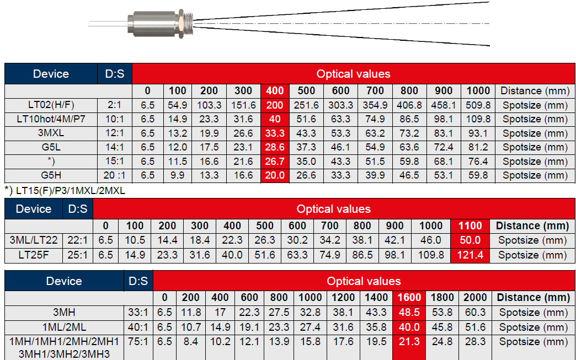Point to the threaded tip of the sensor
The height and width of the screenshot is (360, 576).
[x=188, y=24]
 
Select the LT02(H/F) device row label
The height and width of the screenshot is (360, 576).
[x=51, y=105]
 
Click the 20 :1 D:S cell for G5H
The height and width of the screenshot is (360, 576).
[x=114, y=175]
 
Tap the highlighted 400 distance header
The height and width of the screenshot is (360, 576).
[x=275, y=91]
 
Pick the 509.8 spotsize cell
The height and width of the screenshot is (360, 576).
[x=478, y=105]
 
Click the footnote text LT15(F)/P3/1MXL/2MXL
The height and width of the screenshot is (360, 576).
[x=71, y=191]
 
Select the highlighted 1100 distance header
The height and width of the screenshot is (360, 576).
[x=470, y=225]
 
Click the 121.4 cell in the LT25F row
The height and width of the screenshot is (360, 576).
[x=470, y=255]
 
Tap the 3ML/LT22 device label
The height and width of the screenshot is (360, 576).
[x=34, y=240]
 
